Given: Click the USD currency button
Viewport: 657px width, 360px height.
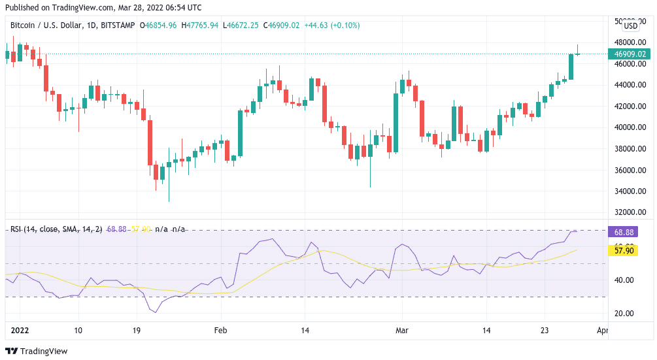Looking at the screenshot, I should point(631,26).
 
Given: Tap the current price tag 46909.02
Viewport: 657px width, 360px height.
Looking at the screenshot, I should point(631,54).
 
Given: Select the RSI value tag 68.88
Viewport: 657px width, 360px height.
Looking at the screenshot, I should point(621,232).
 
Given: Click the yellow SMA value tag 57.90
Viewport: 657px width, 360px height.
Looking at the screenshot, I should point(621,250).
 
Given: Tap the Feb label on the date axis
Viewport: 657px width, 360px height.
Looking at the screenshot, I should point(221,331).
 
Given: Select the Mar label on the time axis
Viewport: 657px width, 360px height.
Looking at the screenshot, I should point(402,331).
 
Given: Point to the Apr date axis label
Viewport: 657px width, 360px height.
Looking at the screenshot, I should point(603,331).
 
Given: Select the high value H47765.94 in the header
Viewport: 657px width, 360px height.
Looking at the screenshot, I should point(200,25).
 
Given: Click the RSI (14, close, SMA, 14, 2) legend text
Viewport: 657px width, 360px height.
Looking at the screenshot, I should point(56,229).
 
